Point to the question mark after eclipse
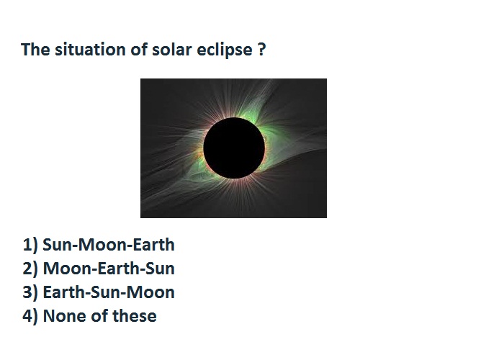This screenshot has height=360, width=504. [262, 50]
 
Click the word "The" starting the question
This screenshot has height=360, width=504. [35, 50]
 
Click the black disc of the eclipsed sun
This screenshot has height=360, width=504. [234, 148]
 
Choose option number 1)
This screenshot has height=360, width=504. [30, 245]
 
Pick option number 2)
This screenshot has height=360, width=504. [30, 269]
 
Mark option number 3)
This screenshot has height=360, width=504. [30, 292]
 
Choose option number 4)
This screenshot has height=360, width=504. [30, 316]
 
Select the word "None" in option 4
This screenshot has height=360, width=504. [65, 316]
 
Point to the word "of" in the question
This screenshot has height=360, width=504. [138, 50]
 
